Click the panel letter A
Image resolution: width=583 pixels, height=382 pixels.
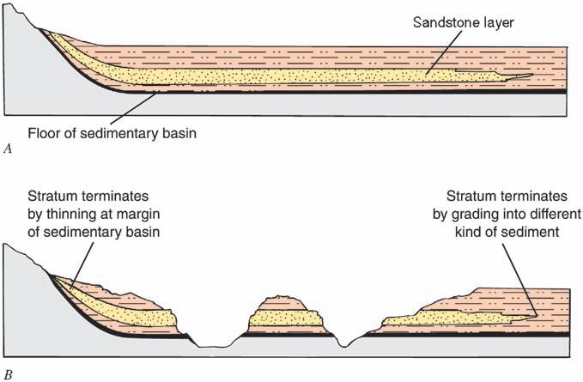(x=8, y=149)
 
